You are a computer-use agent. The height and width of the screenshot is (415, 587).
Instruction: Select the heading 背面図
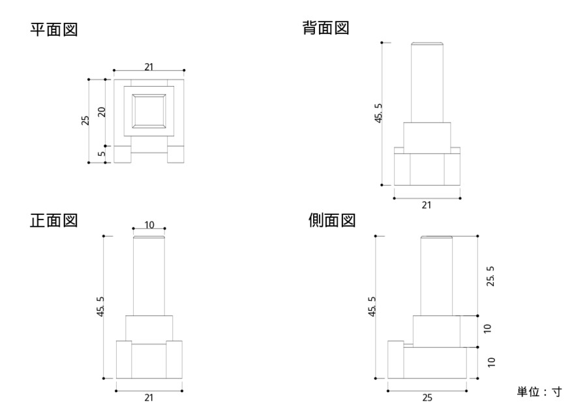326,28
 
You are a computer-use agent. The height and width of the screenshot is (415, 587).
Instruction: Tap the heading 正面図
54,220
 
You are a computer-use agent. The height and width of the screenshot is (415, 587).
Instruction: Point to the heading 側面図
331,220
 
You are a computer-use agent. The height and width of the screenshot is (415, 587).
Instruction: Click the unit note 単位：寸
539,392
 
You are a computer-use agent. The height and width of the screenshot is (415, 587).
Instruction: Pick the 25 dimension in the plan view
85,121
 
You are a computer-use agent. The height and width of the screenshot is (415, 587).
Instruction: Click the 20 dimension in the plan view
102,111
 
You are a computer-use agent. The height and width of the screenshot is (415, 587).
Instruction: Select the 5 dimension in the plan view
102,154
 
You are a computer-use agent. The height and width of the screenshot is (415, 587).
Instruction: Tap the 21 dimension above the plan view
149,66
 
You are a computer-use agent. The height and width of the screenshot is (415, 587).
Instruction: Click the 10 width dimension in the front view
149,225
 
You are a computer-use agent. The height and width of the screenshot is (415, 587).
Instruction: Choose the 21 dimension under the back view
427,205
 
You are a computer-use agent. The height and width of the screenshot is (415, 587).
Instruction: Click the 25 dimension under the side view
427,397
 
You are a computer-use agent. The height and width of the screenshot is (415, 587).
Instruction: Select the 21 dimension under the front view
149,397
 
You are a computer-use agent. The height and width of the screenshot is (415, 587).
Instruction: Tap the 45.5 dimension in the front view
100,306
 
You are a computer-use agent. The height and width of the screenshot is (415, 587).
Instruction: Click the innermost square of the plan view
149,110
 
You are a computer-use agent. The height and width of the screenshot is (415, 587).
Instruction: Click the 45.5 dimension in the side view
372,306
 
